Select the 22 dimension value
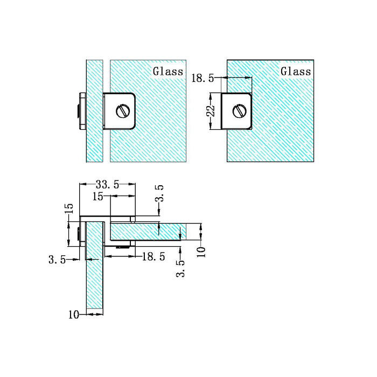tap(211, 111)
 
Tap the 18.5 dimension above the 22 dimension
tap(203, 79)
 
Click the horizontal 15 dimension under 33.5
tap(97, 197)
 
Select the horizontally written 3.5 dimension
tap(57, 260)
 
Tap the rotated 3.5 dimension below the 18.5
tap(180, 268)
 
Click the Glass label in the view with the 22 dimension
tap(296, 71)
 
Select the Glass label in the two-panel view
tap(168, 71)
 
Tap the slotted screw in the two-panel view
tap(122, 111)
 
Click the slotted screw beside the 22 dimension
tap(239, 111)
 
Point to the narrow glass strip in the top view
tap(94, 135)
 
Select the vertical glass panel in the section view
tap(94, 280)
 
